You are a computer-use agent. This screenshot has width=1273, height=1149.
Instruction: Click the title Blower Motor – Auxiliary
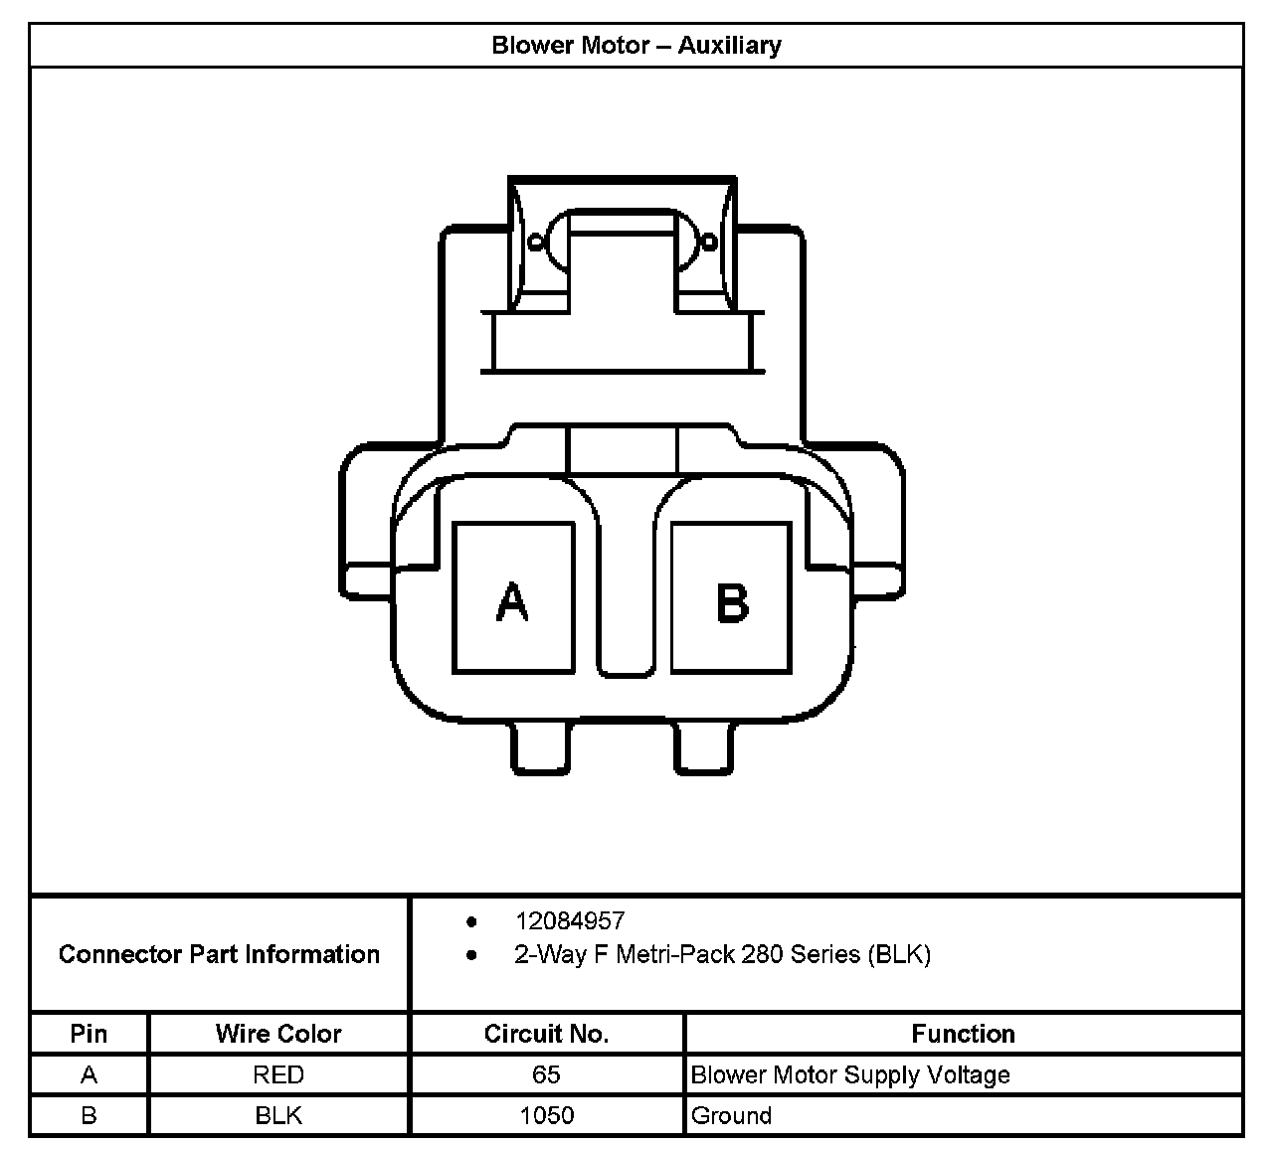click(636, 46)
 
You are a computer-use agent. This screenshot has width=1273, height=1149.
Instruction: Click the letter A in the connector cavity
click(512, 601)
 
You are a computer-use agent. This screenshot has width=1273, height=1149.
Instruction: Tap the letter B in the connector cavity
click(732, 601)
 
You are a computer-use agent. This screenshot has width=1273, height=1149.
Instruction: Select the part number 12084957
click(570, 920)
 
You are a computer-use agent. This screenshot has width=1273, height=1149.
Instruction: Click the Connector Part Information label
click(219, 954)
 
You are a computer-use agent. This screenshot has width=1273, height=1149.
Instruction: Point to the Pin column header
click(89, 1034)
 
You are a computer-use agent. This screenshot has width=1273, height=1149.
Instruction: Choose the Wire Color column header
click(278, 1034)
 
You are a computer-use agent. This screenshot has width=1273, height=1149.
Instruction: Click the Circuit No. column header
click(546, 1034)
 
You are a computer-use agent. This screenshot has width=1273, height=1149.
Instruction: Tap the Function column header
click(963, 1034)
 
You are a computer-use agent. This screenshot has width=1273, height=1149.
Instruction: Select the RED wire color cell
click(278, 1074)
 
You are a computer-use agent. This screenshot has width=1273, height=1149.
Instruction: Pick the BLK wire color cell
click(278, 1115)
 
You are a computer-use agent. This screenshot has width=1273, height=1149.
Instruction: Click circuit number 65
click(546, 1074)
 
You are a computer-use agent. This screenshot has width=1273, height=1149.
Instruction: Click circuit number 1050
click(546, 1115)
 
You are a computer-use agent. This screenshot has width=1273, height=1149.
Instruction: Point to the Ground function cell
click(731, 1115)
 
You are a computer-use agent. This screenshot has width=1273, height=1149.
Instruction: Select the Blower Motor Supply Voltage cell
click(850, 1074)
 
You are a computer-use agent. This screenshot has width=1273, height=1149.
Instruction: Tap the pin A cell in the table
click(89, 1074)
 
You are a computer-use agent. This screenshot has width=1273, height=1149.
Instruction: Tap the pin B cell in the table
click(89, 1115)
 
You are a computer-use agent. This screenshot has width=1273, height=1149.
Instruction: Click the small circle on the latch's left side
click(537, 242)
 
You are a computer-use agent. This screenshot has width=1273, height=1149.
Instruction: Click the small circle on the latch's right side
click(709, 242)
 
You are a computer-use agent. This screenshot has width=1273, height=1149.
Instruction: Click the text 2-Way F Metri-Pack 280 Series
click(722, 954)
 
